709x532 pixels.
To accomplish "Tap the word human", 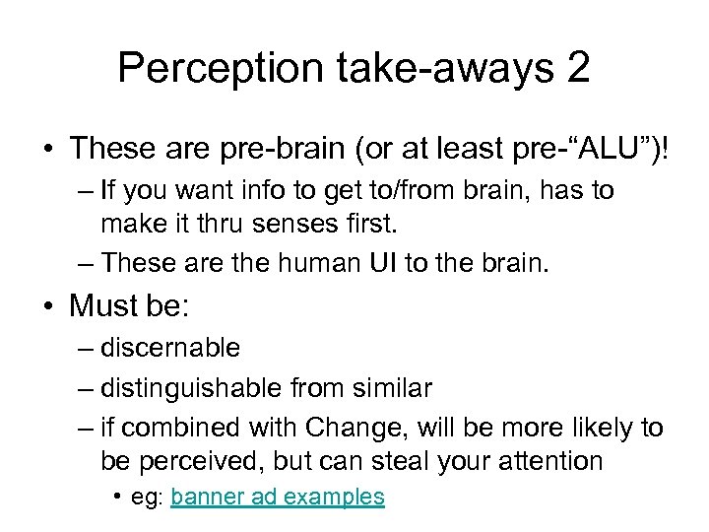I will point(285,262).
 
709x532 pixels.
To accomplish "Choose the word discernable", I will point(170,348).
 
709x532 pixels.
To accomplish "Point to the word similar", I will point(393,388).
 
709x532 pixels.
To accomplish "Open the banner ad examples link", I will point(277,497).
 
